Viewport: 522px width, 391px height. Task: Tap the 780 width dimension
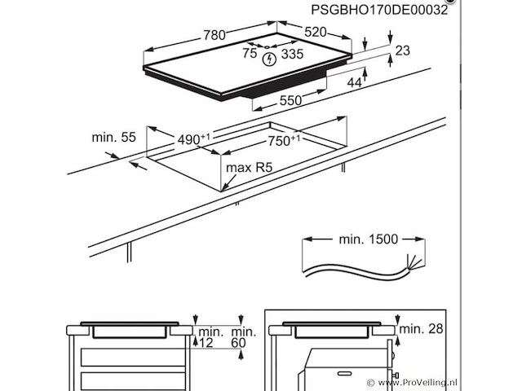point(215,36)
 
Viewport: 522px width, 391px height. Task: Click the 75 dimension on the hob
point(250,55)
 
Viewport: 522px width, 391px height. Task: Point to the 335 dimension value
point(293,55)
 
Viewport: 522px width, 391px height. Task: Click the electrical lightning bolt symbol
point(270,57)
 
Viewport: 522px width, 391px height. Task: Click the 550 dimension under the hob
point(291,100)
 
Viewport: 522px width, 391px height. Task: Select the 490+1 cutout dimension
point(194,139)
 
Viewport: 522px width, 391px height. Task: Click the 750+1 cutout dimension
point(284,140)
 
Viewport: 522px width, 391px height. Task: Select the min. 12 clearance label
point(210,338)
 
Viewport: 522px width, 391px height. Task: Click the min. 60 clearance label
point(242,338)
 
